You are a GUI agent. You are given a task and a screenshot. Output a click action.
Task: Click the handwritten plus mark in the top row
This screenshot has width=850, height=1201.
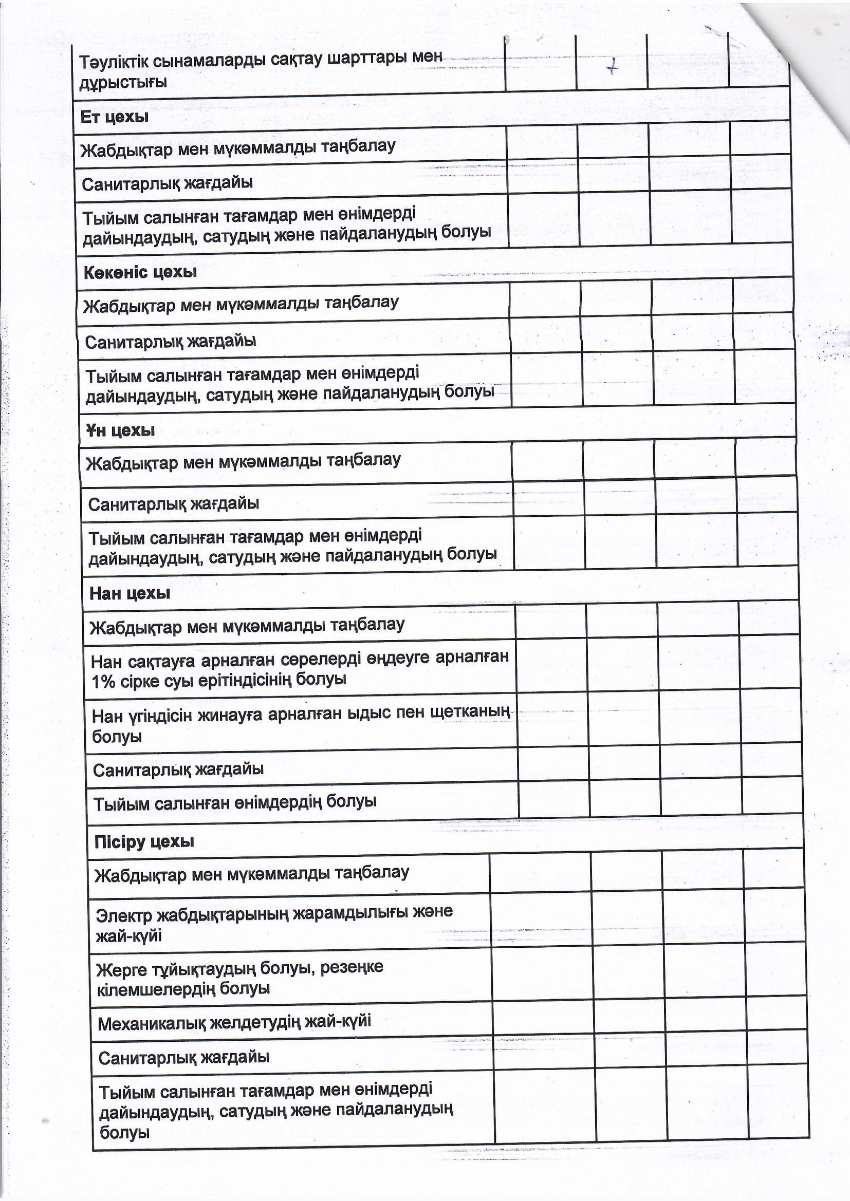tap(612, 67)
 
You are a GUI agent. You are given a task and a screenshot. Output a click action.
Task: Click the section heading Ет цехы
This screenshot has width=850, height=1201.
tap(115, 117)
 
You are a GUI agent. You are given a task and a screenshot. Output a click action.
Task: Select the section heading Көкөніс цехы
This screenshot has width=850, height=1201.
tap(140, 272)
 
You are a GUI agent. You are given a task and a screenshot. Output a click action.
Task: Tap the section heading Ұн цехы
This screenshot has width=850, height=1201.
tap(120, 430)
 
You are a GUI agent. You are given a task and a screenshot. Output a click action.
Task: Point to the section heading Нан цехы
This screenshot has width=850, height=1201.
tap(130, 593)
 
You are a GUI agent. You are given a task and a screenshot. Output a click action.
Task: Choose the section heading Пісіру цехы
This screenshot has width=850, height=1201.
tap(144, 841)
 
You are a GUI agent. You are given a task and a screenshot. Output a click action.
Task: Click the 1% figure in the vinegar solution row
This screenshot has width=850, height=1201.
tap(104, 681)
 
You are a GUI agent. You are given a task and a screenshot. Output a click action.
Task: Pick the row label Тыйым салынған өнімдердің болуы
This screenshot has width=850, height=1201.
tap(234, 803)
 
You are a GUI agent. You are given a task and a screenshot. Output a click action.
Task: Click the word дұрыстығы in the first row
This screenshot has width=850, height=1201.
tap(123, 83)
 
